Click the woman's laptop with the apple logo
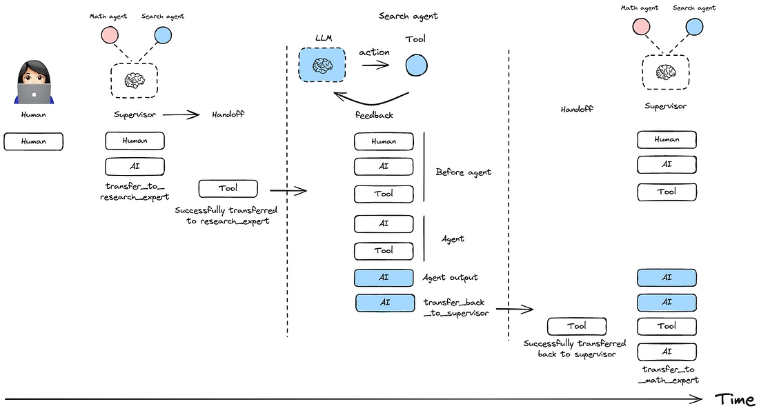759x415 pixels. (34, 93)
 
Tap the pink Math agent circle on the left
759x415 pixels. (110, 35)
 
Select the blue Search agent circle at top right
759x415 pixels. (694, 27)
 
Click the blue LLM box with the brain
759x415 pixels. (322, 65)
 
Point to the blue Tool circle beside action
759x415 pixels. (416, 65)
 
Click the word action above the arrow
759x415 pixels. (374, 52)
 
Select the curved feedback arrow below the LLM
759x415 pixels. (371, 99)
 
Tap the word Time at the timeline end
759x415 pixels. (735, 400)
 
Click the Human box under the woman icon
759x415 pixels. (33, 142)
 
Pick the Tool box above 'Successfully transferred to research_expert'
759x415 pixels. (228, 189)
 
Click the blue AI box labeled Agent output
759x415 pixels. (384, 278)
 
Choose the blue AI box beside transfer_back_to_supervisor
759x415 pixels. (385, 303)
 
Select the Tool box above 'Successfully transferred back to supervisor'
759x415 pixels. (577, 327)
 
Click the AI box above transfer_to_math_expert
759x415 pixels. (667, 352)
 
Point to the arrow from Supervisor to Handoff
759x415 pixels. (181, 114)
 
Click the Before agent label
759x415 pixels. (463, 172)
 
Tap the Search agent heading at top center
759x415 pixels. (408, 16)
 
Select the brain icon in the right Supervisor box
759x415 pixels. (666, 72)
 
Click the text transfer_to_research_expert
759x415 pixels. (135, 192)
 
